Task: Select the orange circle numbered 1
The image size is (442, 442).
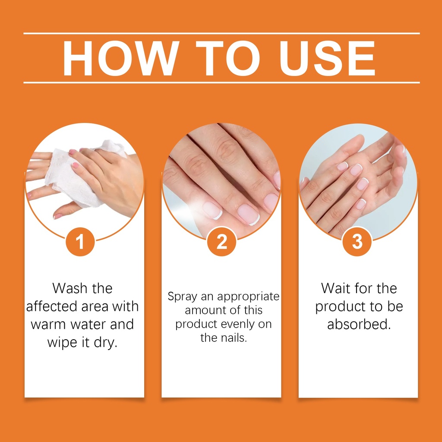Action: pyautogui.click(x=80, y=242)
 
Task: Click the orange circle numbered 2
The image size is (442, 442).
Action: pyautogui.click(x=221, y=242)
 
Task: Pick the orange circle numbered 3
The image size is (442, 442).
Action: pyautogui.click(x=357, y=242)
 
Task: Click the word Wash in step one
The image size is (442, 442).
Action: pyautogui.click(x=70, y=288)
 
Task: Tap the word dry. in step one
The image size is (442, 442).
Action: pyautogui.click(x=105, y=343)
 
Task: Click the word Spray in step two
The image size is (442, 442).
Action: pyautogui.click(x=183, y=297)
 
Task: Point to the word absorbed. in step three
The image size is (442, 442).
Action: pyautogui.click(x=359, y=324)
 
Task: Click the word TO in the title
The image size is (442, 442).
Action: pyautogui.click(x=228, y=58)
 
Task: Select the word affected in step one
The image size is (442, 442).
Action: pyautogui.click(x=51, y=306)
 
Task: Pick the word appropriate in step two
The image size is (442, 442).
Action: pyautogui.click(x=248, y=297)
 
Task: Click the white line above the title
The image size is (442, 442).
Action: pyautogui.click(x=221, y=33)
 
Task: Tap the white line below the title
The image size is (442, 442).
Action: pyautogui.click(x=221, y=82)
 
